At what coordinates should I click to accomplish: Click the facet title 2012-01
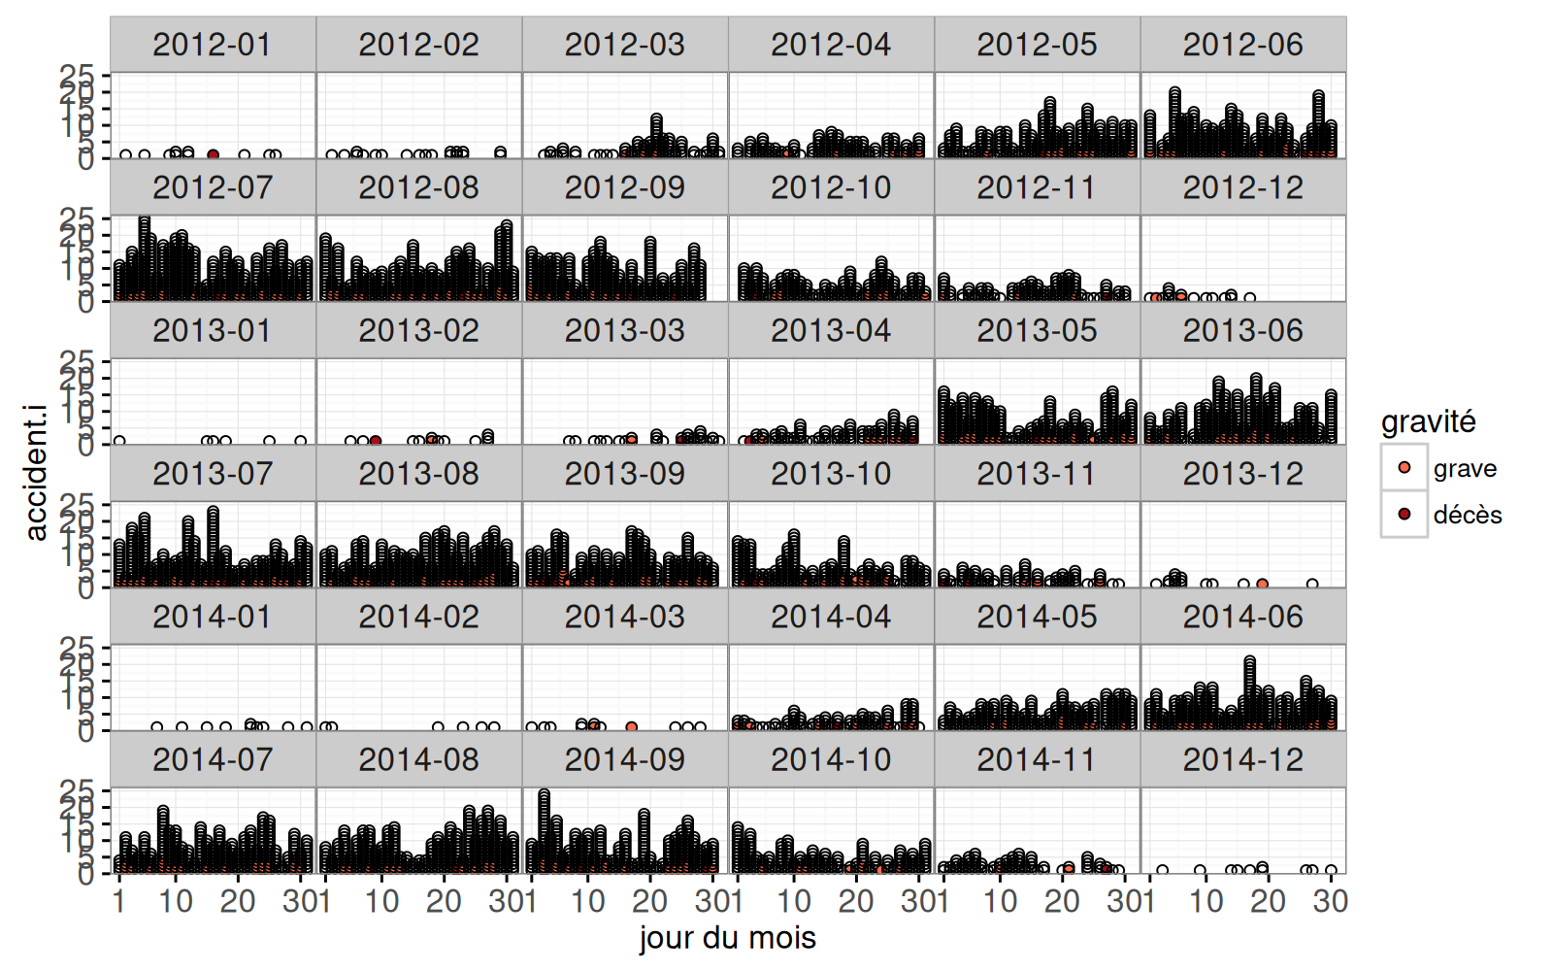[213, 45]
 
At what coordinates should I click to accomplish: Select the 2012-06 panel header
[1242, 45]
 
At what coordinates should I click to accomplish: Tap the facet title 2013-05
[1037, 331]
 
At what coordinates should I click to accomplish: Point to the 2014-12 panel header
[1242, 760]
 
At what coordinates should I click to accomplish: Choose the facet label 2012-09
[625, 187]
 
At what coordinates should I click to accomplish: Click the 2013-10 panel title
[831, 474]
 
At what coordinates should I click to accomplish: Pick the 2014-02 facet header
[418, 618]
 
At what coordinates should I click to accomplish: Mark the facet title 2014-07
[213, 760]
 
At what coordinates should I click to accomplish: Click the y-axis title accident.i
[36, 473]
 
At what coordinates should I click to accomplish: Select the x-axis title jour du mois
[727, 938]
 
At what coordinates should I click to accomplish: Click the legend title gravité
[1428, 421]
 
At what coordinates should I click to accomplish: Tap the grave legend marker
[1404, 468]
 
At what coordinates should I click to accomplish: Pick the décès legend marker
[1404, 514]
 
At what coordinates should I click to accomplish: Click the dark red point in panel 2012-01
[214, 154]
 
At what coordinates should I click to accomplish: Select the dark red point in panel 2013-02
[376, 441]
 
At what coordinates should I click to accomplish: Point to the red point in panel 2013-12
[1262, 584]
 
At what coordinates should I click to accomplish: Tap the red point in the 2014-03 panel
[632, 726]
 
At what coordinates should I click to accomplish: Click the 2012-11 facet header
[1037, 187]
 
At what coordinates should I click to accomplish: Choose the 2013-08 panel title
[418, 474]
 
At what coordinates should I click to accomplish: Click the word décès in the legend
[1468, 515]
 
